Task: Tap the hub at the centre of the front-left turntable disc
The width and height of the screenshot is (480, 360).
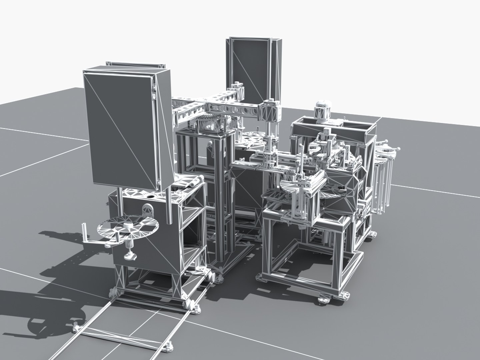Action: [127, 226]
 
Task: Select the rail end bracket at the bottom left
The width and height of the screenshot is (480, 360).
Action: [77, 331]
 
